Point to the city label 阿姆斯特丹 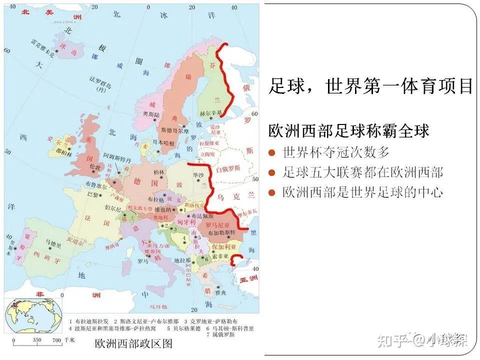[x=117, y=156]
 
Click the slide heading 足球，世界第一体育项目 [x=370, y=85]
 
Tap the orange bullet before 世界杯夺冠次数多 [x=272, y=152]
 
